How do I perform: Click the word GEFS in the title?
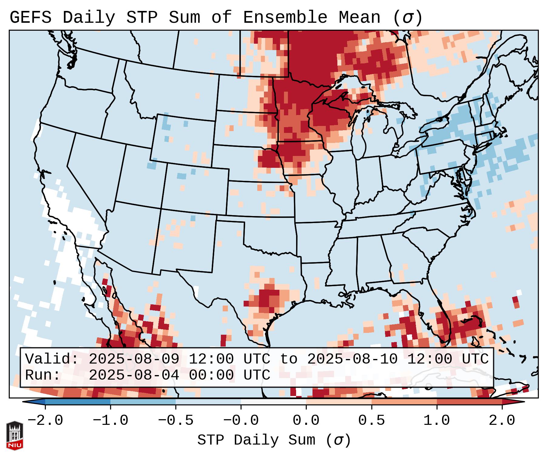click(x=30, y=18)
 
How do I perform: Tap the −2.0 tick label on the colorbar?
click(x=45, y=421)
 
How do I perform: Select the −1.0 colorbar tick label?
click(x=110, y=421)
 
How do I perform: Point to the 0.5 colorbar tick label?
click(x=371, y=421)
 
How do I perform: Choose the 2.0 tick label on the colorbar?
click(x=502, y=421)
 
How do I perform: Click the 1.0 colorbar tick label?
click(x=437, y=421)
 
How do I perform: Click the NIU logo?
click(x=15, y=435)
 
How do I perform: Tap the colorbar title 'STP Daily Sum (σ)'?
click(x=274, y=440)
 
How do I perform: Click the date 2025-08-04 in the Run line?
click(x=134, y=375)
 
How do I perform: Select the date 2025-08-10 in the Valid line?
click(x=352, y=359)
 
